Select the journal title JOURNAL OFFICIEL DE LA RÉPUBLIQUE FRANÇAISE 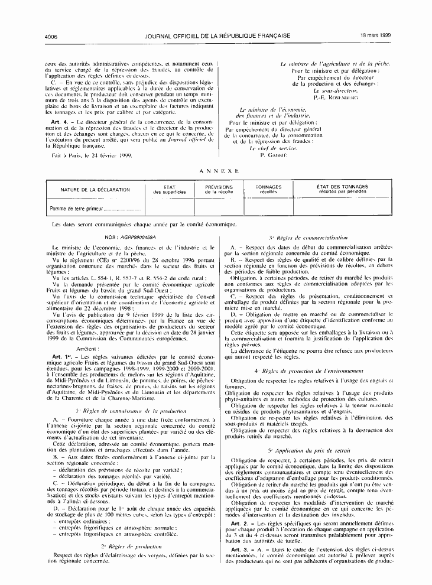[x=217, y=35]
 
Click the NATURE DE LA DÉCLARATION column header [x=95, y=190]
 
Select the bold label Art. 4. [x=59, y=122]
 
